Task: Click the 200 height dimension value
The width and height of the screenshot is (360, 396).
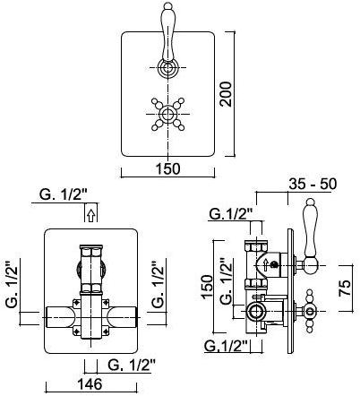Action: (x=226, y=94)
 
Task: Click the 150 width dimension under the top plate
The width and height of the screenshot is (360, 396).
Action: (x=168, y=168)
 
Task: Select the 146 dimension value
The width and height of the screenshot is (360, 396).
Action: (x=90, y=383)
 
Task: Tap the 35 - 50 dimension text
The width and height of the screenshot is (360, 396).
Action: (x=313, y=184)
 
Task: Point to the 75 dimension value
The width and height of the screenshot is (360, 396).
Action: (x=345, y=288)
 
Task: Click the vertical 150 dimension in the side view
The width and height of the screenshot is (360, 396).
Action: (x=207, y=287)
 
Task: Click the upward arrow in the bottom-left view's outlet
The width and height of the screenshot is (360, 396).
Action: (x=91, y=215)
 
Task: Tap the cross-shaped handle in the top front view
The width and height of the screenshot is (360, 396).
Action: (x=167, y=114)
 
